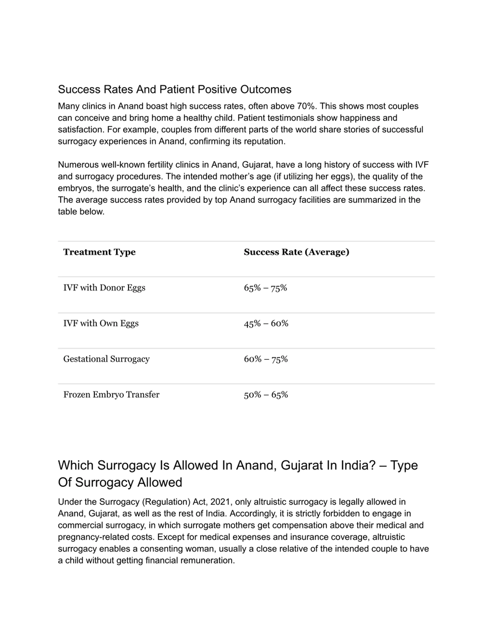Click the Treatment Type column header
coord(99,252)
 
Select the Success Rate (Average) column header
coord(296,252)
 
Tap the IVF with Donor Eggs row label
coord(104,288)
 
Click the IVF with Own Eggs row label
coord(101,323)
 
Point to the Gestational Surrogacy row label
coord(106,359)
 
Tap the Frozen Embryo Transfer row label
coord(111,395)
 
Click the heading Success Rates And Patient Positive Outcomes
coord(174,89)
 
